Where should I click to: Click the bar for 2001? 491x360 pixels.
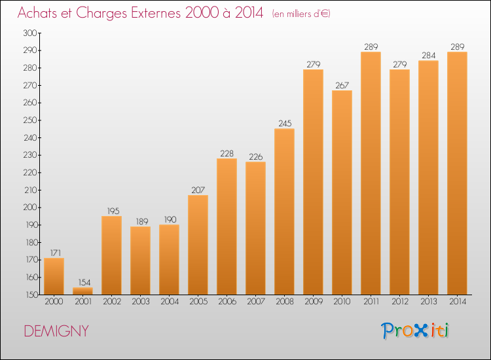click(82, 291)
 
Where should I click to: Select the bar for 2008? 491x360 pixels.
click(284, 211)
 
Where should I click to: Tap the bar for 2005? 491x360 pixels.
click(198, 245)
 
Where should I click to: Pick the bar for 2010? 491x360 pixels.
click(342, 192)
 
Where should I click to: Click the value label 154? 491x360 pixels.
click(84, 282)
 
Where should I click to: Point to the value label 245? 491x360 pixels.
click(285, 123)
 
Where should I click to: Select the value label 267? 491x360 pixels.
click(342, 85)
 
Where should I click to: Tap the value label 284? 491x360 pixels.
click(428, 56)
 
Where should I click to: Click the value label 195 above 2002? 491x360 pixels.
click(113, 211)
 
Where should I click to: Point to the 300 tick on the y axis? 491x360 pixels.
click(30, 33)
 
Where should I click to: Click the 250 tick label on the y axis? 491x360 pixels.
click(30, 120)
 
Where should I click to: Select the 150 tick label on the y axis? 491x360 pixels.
click(31, 295)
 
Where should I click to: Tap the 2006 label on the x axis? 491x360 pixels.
click(227, 302)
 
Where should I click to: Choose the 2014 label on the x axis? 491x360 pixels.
click(458, 302)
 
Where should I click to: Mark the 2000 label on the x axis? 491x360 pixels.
click(54, 302)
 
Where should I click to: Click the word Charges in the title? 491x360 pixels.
click(101, 13)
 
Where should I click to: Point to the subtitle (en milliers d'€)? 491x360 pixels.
click(301, 14)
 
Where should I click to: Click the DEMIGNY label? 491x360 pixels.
click(56, 331)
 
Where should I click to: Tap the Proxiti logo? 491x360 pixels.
click(415, 331)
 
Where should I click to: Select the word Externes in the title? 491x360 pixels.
click(156, 12)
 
